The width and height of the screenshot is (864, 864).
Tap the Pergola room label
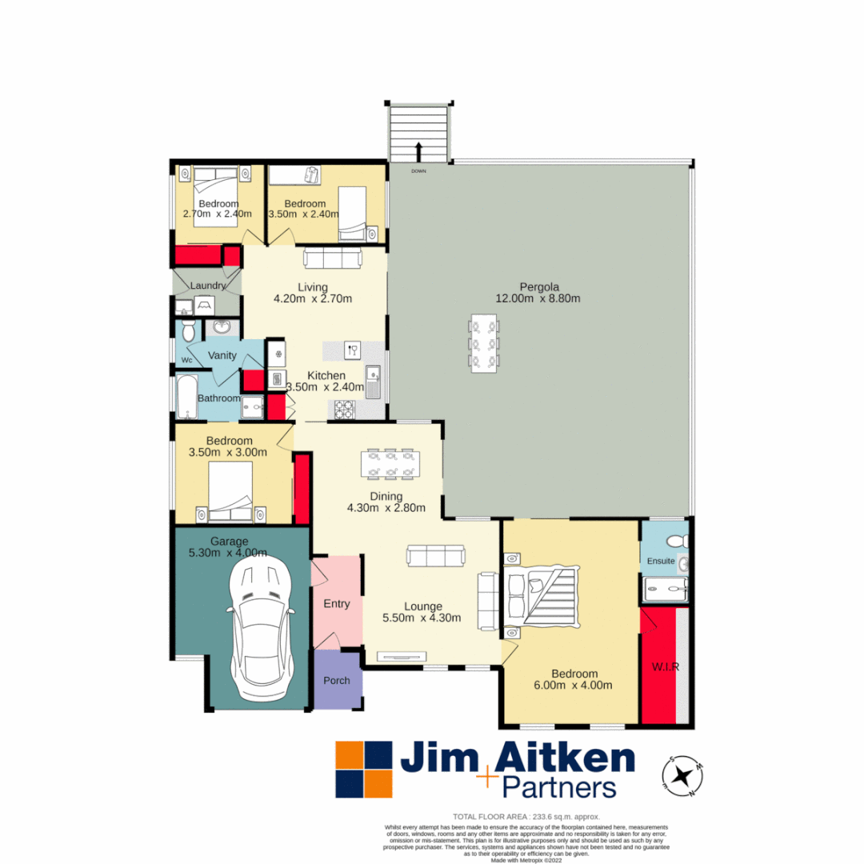click(538, 286)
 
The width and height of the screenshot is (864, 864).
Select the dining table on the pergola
click(484, 345)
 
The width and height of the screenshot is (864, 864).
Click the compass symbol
click(682, 775)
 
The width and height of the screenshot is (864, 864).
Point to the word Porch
click(336, 681)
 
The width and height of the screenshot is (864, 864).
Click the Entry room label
click(336, 604)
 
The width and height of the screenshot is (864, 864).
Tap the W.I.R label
click(665, 667)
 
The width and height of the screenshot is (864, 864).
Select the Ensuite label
click(661, 561)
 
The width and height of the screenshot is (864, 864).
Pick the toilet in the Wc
click(188, 330)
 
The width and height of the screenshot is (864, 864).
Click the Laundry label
click(207, 286)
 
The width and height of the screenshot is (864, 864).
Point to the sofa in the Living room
click(332, 258)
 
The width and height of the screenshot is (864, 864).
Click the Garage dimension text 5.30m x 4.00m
click(230, 552)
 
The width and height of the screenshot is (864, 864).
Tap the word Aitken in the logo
click(566, 758)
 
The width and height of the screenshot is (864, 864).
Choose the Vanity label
click(222, 355)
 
